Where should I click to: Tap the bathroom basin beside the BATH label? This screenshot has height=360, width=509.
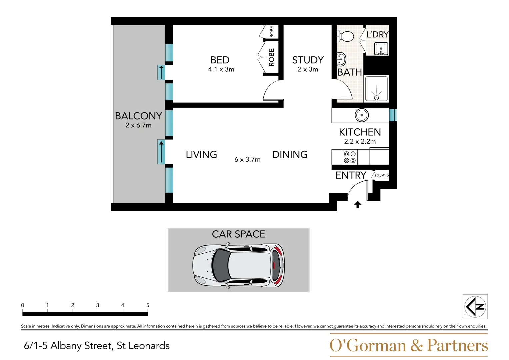click(x=341, y=60)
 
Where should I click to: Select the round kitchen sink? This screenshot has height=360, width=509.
click(x=362, y=115)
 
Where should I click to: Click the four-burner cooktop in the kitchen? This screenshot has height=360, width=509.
click(x=350, y=157)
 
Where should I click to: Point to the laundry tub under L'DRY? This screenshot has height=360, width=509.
click(x=381, y=49)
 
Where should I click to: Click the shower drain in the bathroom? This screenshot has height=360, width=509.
click(x=377, y=98)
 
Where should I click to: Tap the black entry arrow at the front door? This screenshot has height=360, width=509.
click(x=358, y=205)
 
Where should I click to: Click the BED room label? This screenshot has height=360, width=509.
click(x=220, y=60)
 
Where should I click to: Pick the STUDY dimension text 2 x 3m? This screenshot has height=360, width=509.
click(x=308, y=69)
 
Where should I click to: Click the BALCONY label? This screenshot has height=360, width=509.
click(x=138, y=116)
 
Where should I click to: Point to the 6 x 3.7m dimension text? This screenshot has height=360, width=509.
click(x=247, y=160)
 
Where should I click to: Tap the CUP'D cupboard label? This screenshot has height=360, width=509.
click(x=382, y=176)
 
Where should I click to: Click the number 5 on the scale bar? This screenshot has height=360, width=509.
click(x=148, y=305)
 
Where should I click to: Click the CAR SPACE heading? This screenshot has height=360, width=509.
click(x=238, y=234)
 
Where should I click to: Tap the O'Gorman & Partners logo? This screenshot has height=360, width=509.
click(x=408, y=345)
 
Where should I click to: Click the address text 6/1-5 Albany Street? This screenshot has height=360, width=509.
click(x=97, y=346)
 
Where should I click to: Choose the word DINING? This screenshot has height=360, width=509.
click(x=290, y=155)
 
